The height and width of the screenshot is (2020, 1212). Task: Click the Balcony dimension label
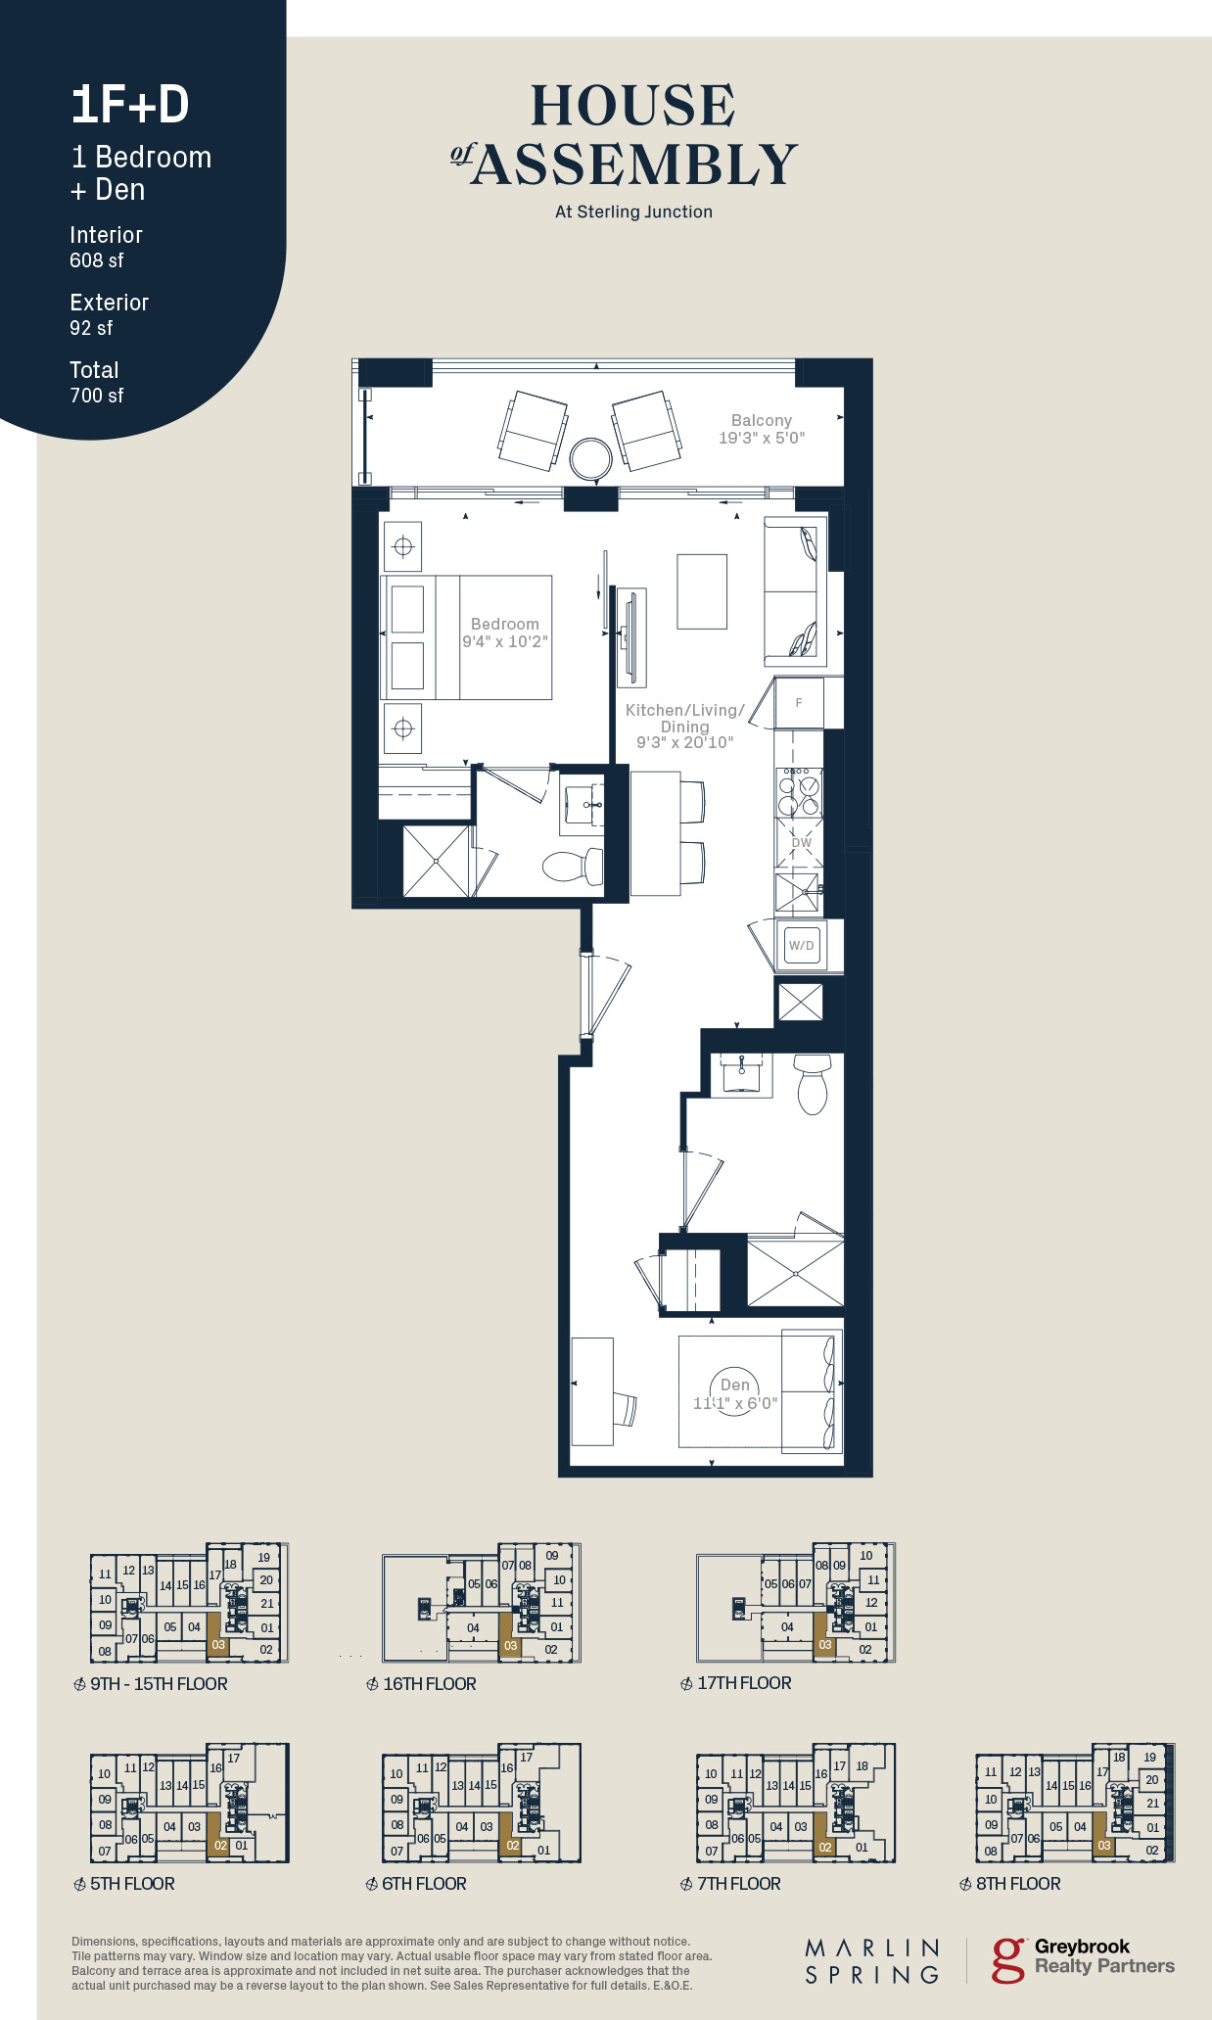[762, 429]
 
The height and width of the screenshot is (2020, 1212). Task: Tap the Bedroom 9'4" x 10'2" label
[505, 633]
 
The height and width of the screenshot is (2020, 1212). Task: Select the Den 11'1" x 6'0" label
[735, 1393]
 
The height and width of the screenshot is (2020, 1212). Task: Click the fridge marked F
[799, 702]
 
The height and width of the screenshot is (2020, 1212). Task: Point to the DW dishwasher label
[802, 842]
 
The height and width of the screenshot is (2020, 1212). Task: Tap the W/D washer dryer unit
[802, 945]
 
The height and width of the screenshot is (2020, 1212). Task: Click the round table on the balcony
[591, 456]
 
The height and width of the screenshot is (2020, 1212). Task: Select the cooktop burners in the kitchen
[800, 792]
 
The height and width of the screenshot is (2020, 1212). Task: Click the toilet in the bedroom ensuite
[574, 867]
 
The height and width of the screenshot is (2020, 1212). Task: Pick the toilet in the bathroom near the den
[813, 1084]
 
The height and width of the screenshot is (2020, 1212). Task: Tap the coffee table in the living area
[702, 591]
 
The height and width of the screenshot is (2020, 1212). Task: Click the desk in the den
[592, 1391]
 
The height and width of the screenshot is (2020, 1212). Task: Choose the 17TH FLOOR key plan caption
[744, 1683]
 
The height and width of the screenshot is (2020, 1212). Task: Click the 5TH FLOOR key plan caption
[132, 1884]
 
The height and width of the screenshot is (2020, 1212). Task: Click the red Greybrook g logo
[1008, 1961]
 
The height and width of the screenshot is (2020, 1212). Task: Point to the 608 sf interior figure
[97, 260]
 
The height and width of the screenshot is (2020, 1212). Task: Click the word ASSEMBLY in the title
[635, 164]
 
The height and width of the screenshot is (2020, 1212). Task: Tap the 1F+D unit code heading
[130, 105]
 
